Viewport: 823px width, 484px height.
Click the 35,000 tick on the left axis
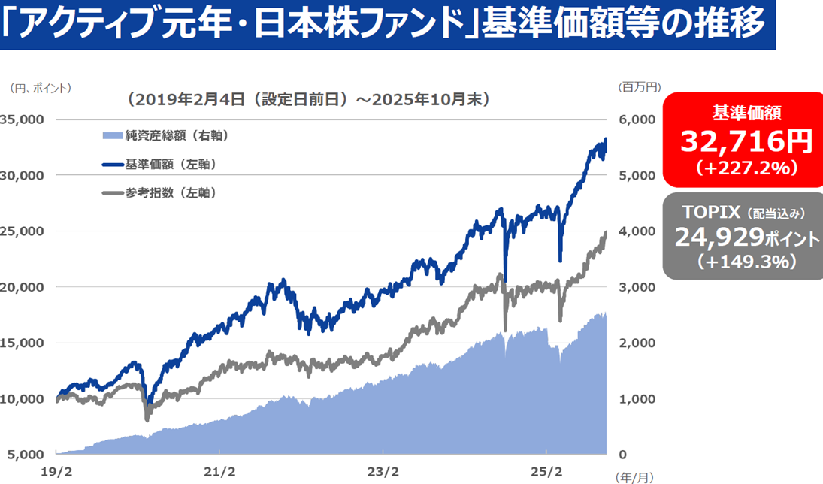(22, 119)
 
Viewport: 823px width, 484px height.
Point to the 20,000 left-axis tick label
(22, 286)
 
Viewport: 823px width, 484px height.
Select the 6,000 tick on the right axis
(637, 119)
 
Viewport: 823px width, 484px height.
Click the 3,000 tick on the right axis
(637, 286)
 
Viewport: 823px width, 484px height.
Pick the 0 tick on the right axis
(623, 454)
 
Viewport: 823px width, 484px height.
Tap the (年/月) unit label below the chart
(634, 476)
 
